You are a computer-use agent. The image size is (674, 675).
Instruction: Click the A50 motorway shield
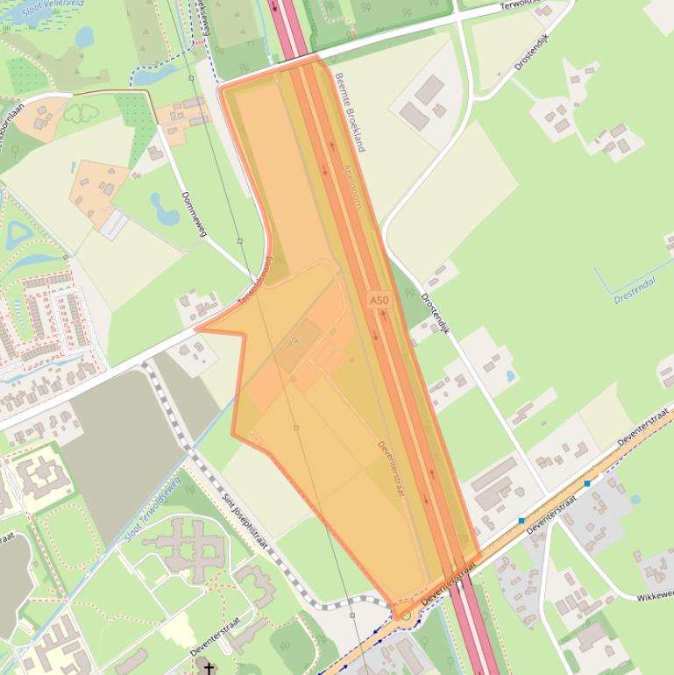click(379, 300)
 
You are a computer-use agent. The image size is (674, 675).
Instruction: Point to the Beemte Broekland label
click(349, 112)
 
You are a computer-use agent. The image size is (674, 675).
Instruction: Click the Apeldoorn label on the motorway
click(352, 185)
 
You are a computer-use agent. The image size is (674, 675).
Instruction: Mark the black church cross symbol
click(209, 668)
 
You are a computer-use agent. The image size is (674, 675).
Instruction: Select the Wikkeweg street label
click(654, 595)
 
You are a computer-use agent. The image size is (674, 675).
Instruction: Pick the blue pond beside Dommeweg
click(164, 209)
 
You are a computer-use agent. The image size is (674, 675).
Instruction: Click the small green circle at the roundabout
click(405, 615)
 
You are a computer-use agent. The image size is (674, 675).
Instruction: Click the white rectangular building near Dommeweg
click(112, 224)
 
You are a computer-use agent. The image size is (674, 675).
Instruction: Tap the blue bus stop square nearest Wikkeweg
click(587, 483)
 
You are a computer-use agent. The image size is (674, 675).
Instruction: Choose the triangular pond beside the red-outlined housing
click(18, 234)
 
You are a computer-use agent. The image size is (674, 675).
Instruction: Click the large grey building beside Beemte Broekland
click(429, 89)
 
